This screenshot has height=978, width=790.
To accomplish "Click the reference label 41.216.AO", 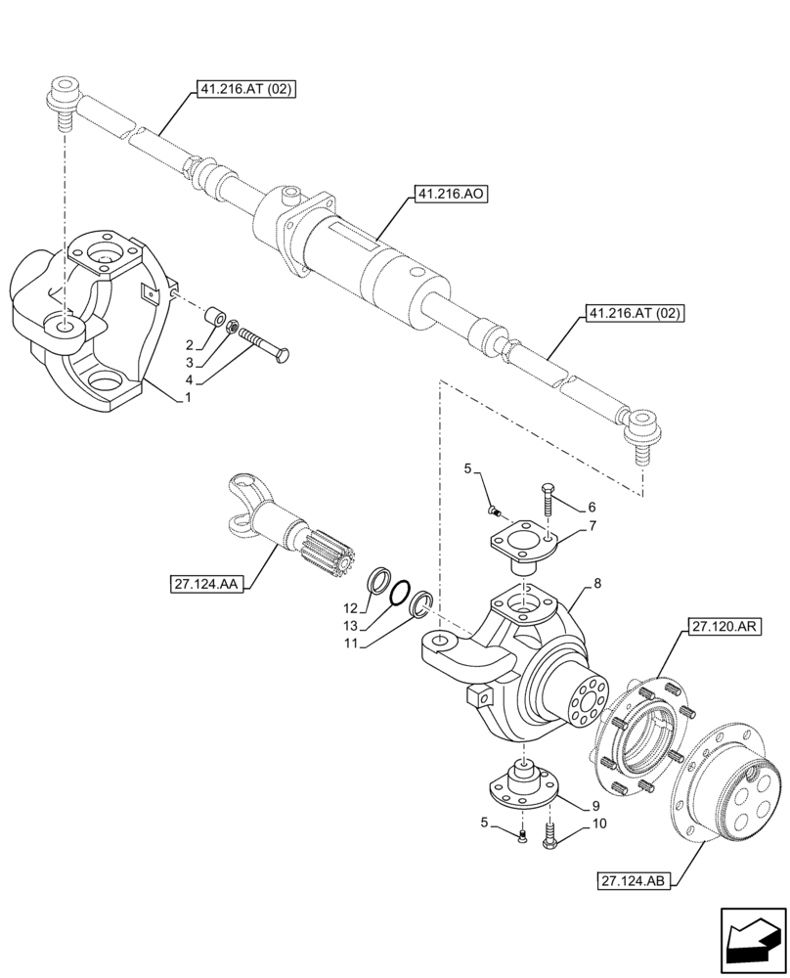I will point(451,196).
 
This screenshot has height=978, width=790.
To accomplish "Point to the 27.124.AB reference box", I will point(633,882).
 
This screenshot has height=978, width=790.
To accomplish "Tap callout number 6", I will point(590,507).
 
